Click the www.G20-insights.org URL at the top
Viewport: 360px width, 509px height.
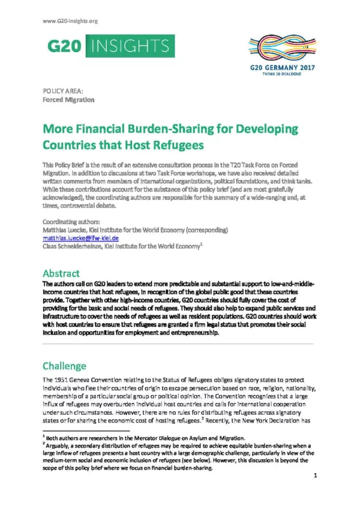[x=70, y=21]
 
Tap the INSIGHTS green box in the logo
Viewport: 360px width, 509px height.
[x=128, y=46]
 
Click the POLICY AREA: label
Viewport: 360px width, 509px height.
[x=62, y=91]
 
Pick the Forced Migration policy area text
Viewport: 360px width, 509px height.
[x=68, y=100]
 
